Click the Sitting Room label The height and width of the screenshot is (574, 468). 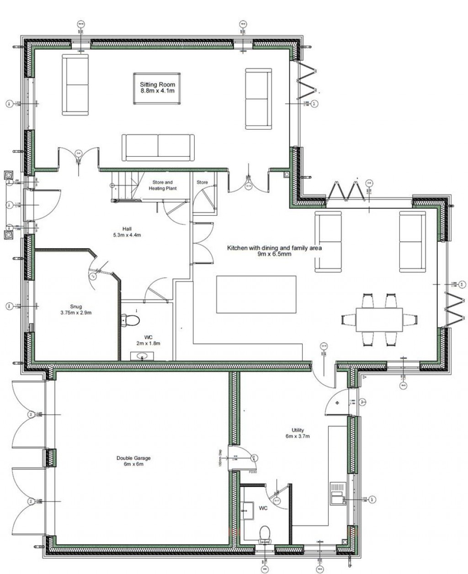click(x=158, y=88)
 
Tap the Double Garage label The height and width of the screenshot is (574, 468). click(x=133, y=461)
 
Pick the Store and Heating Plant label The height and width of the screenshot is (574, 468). click(x=162, y=185)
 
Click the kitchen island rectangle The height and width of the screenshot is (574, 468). click(x=256, y=294)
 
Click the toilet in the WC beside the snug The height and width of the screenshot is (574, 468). click(x=131, y=319)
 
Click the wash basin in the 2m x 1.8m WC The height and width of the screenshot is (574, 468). click(x=142, y=356)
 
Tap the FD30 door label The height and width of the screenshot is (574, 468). click(x=252, y=471)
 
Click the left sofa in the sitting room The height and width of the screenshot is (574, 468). click(x=75, y=85)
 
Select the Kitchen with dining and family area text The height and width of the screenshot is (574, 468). click(x=275, y=251)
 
